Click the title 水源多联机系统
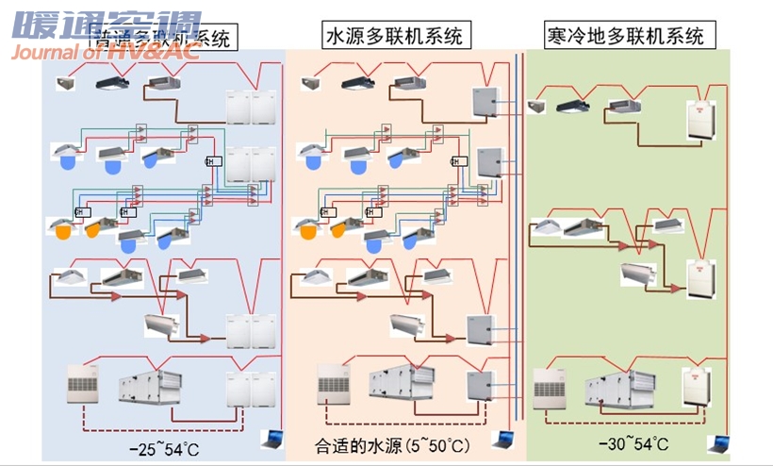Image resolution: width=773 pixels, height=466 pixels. point(394,37)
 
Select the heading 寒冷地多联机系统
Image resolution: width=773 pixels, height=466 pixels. point(625,37)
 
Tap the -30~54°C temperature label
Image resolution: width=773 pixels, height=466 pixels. point(633,444)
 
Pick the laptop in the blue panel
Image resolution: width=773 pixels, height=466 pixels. point(271,439)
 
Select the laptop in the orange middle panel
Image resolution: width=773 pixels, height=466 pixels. point(502,439)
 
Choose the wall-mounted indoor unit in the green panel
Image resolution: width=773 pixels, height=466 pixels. point(636,273)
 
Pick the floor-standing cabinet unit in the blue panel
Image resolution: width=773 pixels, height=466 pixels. point(81,386)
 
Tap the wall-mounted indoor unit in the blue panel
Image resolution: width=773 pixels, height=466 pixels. point(161,325)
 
